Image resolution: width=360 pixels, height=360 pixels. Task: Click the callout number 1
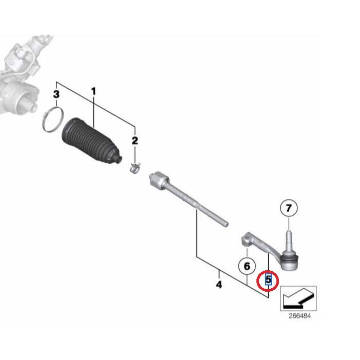[x=93, y=92]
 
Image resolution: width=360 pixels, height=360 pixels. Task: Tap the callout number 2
[x=135, y=141]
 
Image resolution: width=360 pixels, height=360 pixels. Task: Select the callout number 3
[x=56, y=94]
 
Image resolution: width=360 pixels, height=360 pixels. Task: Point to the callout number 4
[x=219, y=285]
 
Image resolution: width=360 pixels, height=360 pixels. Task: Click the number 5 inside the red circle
[x=268, y=280]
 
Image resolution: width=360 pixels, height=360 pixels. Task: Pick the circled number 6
[x=247, y=266]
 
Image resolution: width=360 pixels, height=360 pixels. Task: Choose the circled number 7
[x=289, y=208]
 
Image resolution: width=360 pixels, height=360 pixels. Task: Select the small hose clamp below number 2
[x=135, y=169]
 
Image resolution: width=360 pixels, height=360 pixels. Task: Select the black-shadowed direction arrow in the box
[x=298, y=298]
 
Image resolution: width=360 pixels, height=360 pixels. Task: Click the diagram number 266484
[x=299, y=316]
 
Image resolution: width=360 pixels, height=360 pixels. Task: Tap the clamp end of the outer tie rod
[x=247, y=239]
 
